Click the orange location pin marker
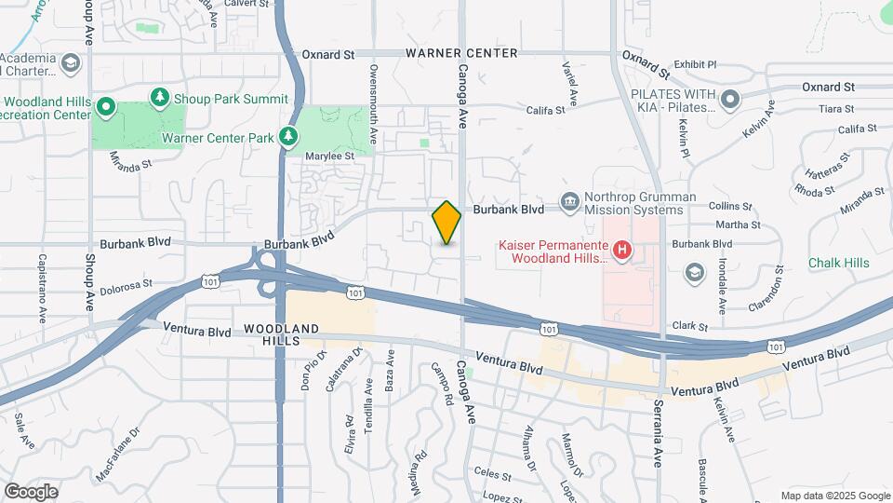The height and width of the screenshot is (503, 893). [x=446, y=223]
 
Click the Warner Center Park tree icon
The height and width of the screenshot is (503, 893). [x=289, y=138]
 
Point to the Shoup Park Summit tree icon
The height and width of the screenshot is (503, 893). [x=161, y=98]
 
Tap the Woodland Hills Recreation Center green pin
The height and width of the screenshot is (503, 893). [x=106, y=108]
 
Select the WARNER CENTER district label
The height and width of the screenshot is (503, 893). [x=461, y=53]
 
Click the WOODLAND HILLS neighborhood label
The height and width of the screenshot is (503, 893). [x=283, y=335]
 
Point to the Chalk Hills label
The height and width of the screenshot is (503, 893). [x=838, y=263]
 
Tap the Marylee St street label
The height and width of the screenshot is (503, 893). [x=333, y=156]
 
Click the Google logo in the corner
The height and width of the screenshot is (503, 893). [x=31, y=491]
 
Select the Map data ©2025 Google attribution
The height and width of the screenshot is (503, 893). [x=834, y=496]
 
